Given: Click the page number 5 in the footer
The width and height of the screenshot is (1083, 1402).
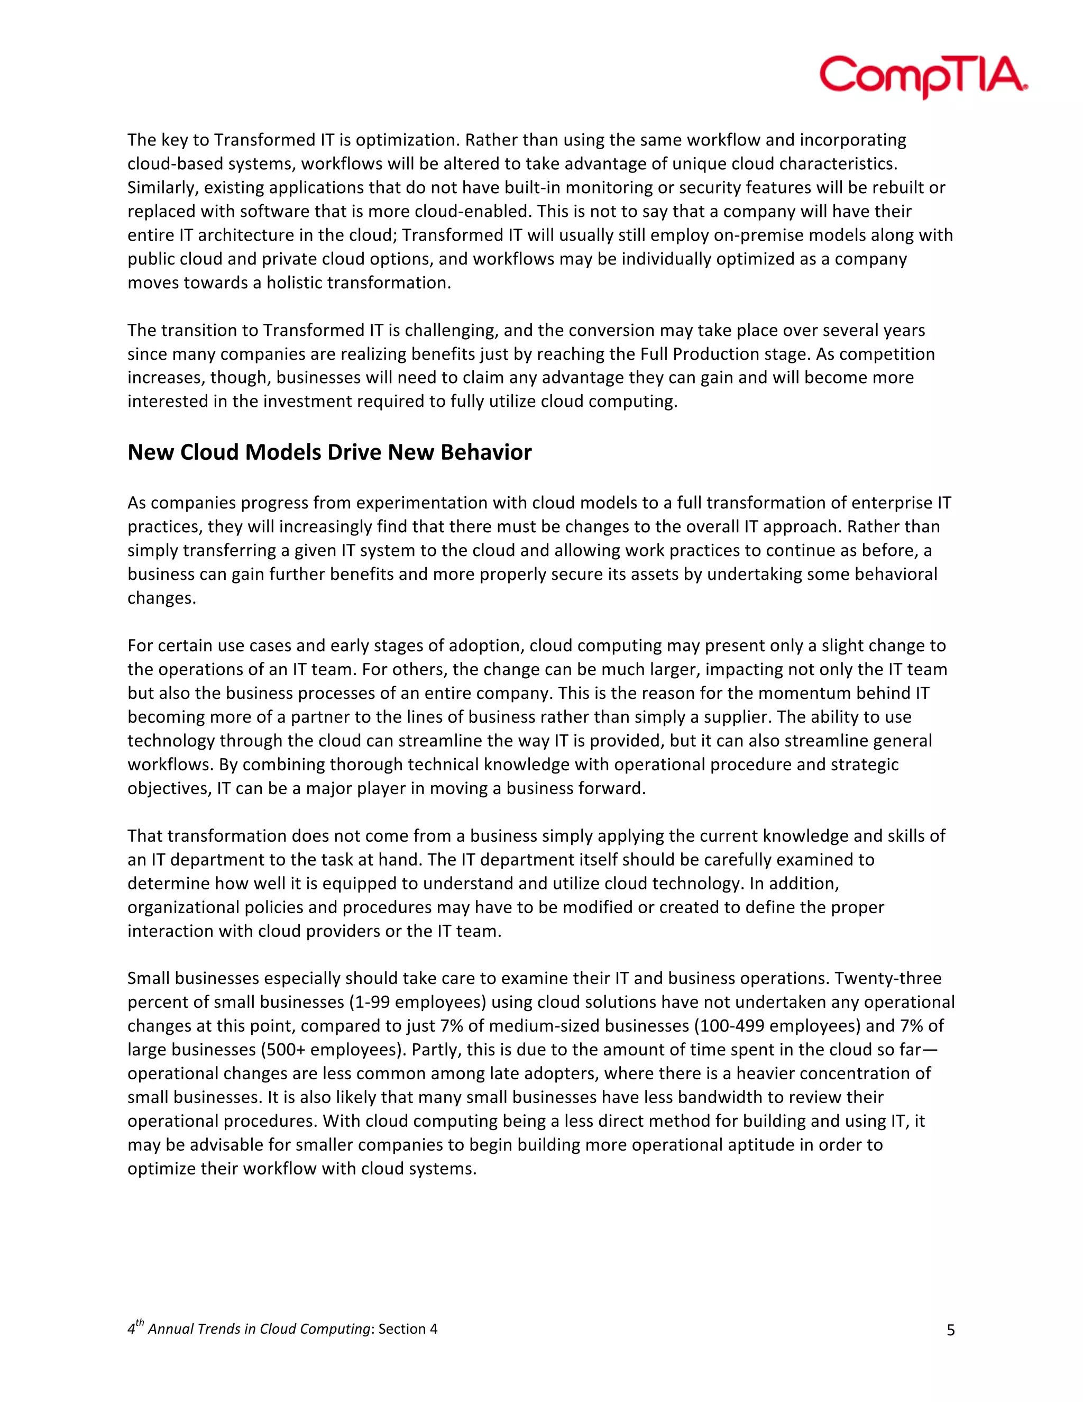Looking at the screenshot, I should [950, 1330].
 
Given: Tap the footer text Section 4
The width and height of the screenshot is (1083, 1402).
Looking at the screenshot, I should [408, 1329].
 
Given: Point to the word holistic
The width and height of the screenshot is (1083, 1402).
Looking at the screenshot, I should [295, 283].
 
